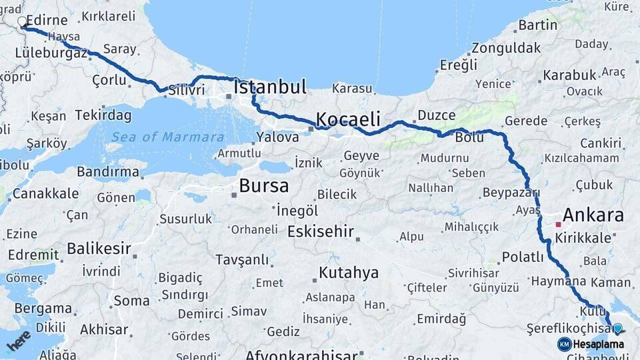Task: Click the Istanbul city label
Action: (270, 87)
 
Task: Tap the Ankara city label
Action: (593, 215)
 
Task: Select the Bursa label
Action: (264, 185)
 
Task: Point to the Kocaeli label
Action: (348, 120)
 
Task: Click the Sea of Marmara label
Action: (167, 137)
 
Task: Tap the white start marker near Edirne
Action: (22, 22)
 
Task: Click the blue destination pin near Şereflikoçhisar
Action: (617, 328)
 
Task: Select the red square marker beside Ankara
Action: (558, 225)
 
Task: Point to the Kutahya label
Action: (349, 273)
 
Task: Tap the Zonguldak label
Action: (506, 48)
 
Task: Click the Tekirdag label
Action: (103, 115)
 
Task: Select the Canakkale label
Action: (45, 194)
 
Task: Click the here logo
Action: (19, 340)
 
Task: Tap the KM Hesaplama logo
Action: (591, 344)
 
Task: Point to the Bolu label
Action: (469, 138)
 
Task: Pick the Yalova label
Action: (277, 137)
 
